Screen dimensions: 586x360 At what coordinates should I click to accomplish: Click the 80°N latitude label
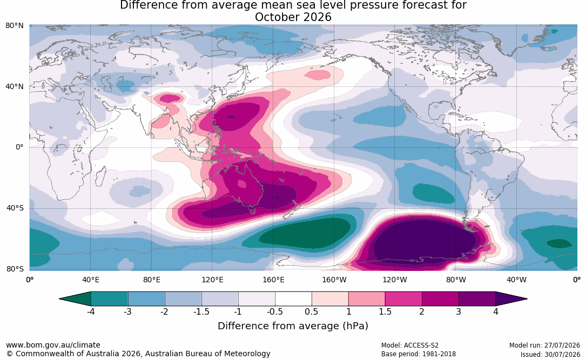[14, 26]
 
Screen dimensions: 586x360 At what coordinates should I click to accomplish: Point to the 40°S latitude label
[15, 208]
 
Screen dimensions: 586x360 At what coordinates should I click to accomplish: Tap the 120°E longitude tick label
[212, 280]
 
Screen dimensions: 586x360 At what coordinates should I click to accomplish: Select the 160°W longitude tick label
[334, 280]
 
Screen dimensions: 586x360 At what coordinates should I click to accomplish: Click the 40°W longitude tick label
[516, 280]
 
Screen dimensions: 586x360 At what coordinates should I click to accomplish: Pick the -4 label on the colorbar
[91, 311]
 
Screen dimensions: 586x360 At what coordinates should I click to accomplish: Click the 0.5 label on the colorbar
[311, 311]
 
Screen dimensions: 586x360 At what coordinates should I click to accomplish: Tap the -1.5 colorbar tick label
[201, 311]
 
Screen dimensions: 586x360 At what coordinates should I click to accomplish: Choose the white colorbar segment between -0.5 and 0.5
[293, 299]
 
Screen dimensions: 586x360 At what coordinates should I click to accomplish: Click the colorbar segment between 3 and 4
[477, 299]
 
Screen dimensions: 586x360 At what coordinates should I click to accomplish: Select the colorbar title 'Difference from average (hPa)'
[293, 325]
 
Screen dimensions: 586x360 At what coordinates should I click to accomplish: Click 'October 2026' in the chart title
[293, 17]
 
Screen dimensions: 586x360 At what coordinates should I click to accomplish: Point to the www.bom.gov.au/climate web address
[53, 345]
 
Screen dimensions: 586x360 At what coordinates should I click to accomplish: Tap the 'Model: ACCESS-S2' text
[410, 345]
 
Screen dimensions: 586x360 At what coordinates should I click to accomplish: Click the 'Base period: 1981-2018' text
[419, 354]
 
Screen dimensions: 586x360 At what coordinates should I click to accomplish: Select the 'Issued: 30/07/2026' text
[550, 354]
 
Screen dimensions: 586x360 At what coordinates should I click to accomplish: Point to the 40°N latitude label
[14, 87]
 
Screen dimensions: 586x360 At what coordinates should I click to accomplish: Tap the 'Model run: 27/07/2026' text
[544, 345]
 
